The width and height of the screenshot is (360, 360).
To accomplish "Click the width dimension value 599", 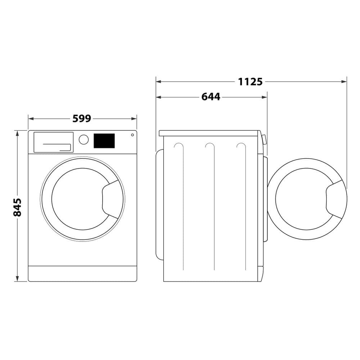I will (x=82, y=118).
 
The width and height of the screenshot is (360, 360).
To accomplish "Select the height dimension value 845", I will (x=17, y=207).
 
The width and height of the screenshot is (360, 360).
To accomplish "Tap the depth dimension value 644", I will (x=211, y=97).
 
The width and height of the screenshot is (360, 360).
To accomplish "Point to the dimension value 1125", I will (x=250, y=82).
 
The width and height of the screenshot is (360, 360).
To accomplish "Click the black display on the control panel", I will (x=104, y=141).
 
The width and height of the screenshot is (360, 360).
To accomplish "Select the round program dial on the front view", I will (x=84, y=140).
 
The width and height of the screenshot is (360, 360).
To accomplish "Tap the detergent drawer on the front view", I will (x=53, y=142).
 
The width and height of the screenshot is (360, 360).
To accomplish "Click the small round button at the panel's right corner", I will (x=132, y=135).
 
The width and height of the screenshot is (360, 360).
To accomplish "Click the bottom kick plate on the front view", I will (x=82, y=274).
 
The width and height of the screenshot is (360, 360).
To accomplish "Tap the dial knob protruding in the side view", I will (x=265, y=140).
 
